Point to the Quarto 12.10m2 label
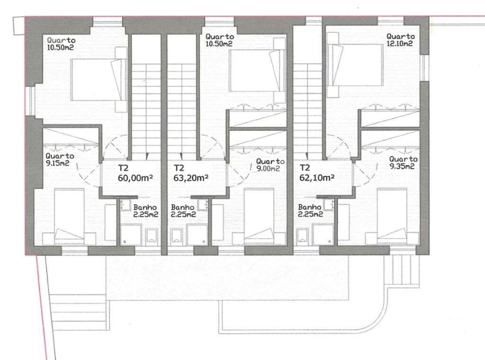400,40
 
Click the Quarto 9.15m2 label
60,159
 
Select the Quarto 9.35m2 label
404,162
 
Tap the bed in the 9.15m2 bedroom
69,216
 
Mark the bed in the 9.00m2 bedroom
259,216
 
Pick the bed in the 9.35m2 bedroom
392,216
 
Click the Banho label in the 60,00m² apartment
145,211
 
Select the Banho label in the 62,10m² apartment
311,211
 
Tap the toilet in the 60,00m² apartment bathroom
152,235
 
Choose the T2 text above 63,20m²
179,168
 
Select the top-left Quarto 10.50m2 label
61,44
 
